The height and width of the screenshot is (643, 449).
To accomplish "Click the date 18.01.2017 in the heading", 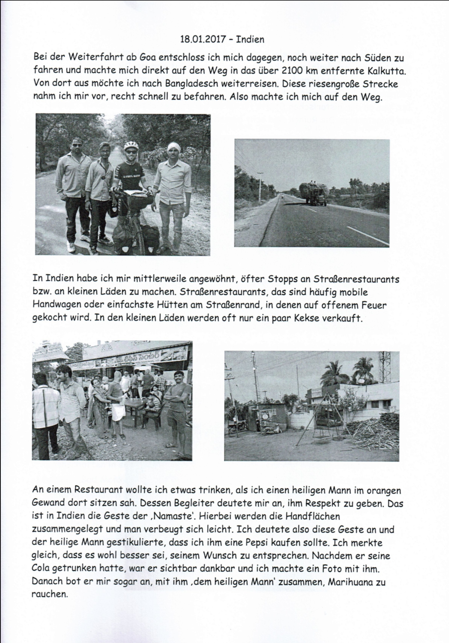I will [x=203, y=39].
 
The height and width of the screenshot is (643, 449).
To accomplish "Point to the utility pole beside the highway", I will [x=260, y=187].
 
